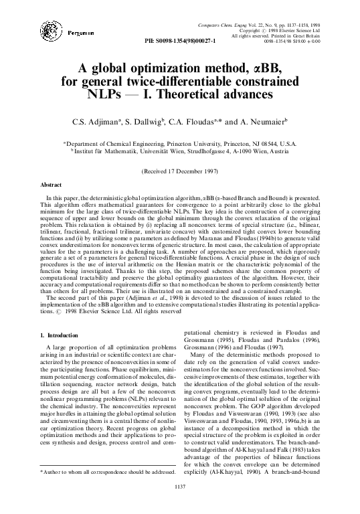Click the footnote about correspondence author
point(107,473)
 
